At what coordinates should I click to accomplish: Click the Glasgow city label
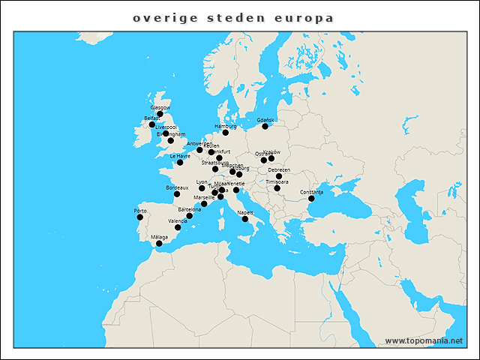(x=160, y=107)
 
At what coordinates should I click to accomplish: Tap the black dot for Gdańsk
(x=265, y=127)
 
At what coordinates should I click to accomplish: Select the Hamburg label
(x=225, y=126)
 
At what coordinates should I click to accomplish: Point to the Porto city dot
(x=139, y=217)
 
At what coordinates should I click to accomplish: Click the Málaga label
(x=159, y=237)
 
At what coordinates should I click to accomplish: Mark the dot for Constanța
(x=311, y=199)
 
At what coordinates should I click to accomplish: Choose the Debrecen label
(x=278, y=170)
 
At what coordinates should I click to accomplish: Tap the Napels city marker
(x=245, y=219)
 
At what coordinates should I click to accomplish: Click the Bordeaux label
(x=177, y=187)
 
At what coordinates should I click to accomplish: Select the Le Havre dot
(x=179, y=163)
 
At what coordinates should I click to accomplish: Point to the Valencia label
(x=178, y=221)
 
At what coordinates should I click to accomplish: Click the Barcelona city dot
(x=189, y=216)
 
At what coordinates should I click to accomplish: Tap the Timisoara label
(x=277, y=182)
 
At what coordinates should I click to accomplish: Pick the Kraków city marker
(x=271, y=158)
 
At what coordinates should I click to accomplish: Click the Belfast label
(x=152, y=118)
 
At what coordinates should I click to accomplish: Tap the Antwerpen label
(x=199, y=143)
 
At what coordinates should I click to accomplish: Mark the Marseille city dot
(x=204, y=204)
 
